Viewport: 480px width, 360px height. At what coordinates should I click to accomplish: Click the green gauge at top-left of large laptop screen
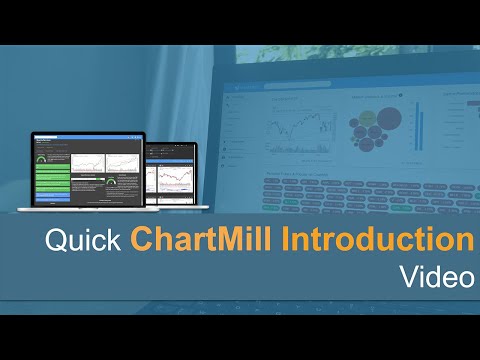point(42,158)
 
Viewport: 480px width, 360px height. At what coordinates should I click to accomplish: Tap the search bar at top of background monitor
point(300,88)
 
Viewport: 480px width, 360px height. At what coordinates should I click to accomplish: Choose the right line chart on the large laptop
point(117,162)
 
